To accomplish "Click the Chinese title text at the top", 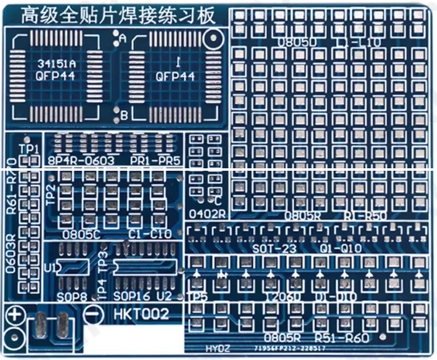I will (x=118, y=15).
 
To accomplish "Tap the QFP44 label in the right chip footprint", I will (x=175, y=76).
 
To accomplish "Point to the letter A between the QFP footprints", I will (x=123, y=39).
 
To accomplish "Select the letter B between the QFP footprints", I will (x=124, y=115).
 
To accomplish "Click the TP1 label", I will (x=29, y=149).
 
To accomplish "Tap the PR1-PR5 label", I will (x=155, y=162).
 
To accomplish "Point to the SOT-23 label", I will (x=274, y=248).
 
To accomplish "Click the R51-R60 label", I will (x=341, y=338).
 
